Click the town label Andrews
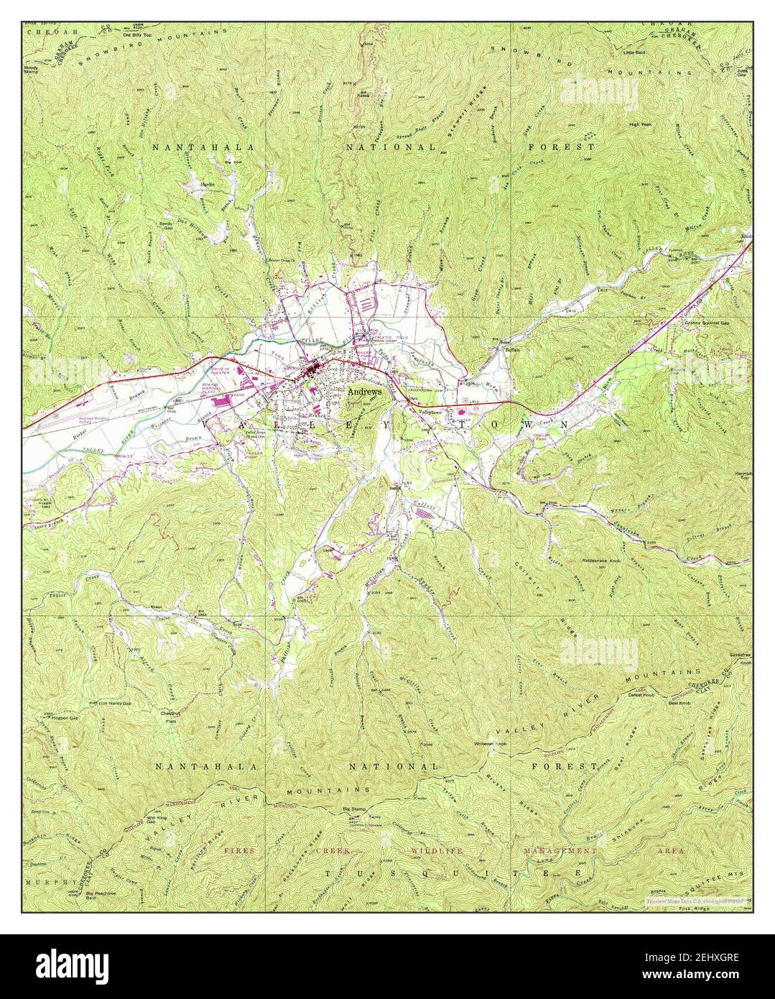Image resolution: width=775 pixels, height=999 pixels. coord(364,393)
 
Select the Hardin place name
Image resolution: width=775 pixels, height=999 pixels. coord(208,185)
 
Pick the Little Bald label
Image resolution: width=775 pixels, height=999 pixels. coord(636,53)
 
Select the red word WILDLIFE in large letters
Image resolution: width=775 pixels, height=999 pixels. coord(437,850)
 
